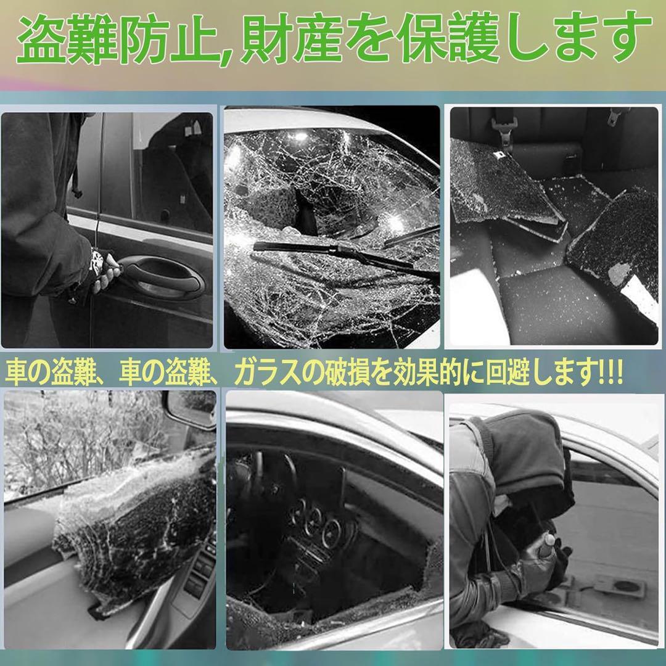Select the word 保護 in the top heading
(x=443, y=42)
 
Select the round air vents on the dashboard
(x=314, y=518)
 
